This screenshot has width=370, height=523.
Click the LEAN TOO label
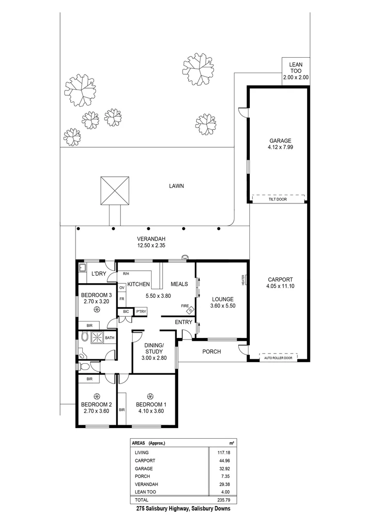pos(295,67)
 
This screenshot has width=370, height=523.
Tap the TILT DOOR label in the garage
pos(278,199)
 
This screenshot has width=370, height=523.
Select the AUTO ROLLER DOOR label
pos(278,359)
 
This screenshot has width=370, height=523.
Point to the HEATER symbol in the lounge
pos(245,280)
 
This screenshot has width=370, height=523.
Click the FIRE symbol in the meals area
pos(190,309)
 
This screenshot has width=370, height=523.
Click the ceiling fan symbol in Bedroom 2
pos(96,395)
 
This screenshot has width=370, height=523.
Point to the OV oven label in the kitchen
pos(122,288)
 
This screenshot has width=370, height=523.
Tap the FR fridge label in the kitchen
pos(122,299)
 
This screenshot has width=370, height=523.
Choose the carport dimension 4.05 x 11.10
pos(279,287)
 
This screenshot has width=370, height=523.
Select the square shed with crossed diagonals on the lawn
pos(116,191)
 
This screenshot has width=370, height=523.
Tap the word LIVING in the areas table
pos(142,452)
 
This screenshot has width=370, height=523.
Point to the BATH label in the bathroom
pos(110,338)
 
